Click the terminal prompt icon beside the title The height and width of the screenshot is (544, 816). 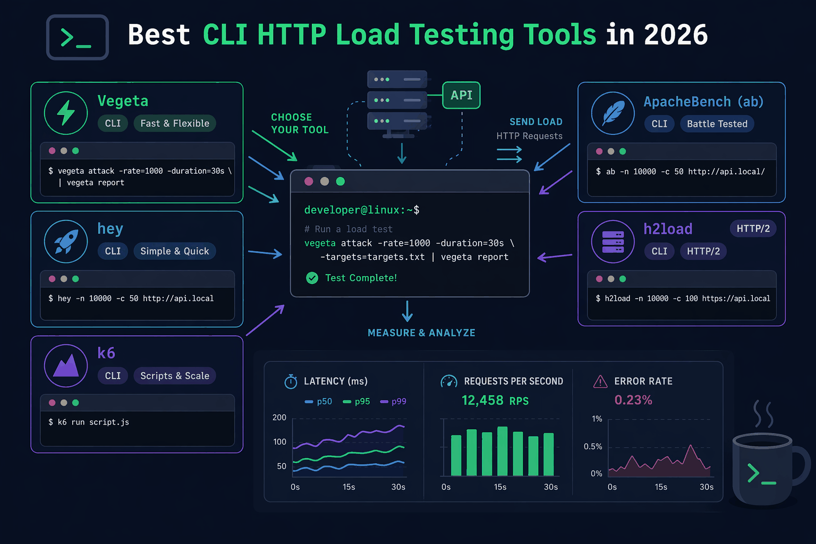pos(78,37)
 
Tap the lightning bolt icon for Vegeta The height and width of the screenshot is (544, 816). pos(66,113)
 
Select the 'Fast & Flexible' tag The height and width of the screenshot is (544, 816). pos(175,123)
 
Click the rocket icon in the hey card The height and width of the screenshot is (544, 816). pos(66,241)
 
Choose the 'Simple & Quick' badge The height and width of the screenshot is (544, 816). pos(175,251)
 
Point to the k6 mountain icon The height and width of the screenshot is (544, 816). pos(66,366)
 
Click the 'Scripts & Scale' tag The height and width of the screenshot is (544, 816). pos(175,376)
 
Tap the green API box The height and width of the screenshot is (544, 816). pos(461,95)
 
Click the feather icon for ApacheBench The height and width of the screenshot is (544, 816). pos(613,113)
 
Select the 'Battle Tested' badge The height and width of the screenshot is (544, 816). pos(717,124)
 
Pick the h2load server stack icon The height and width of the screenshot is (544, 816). pos(613,242)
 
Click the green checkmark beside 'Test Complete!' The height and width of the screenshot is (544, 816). pos(312,278)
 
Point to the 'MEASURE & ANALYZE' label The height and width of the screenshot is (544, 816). pos(421,333)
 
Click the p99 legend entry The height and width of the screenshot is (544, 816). pos(393,402)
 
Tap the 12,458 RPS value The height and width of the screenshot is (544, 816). pos(495,401)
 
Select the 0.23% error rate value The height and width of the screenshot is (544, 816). pos(633,400)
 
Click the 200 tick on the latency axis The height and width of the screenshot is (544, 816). pos(279,418)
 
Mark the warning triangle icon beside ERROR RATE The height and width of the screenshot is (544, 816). pos(600,381)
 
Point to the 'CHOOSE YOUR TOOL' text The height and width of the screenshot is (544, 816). pos(300,124)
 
